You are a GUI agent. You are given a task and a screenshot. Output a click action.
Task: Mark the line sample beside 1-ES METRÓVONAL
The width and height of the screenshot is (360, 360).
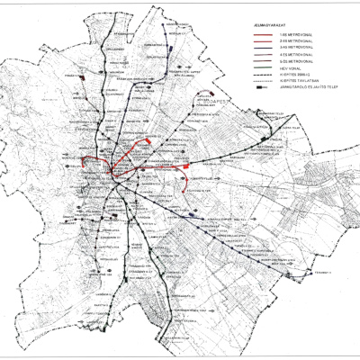point(263,35)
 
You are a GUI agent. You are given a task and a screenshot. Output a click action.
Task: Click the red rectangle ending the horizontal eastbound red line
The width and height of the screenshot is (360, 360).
point(184,167)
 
